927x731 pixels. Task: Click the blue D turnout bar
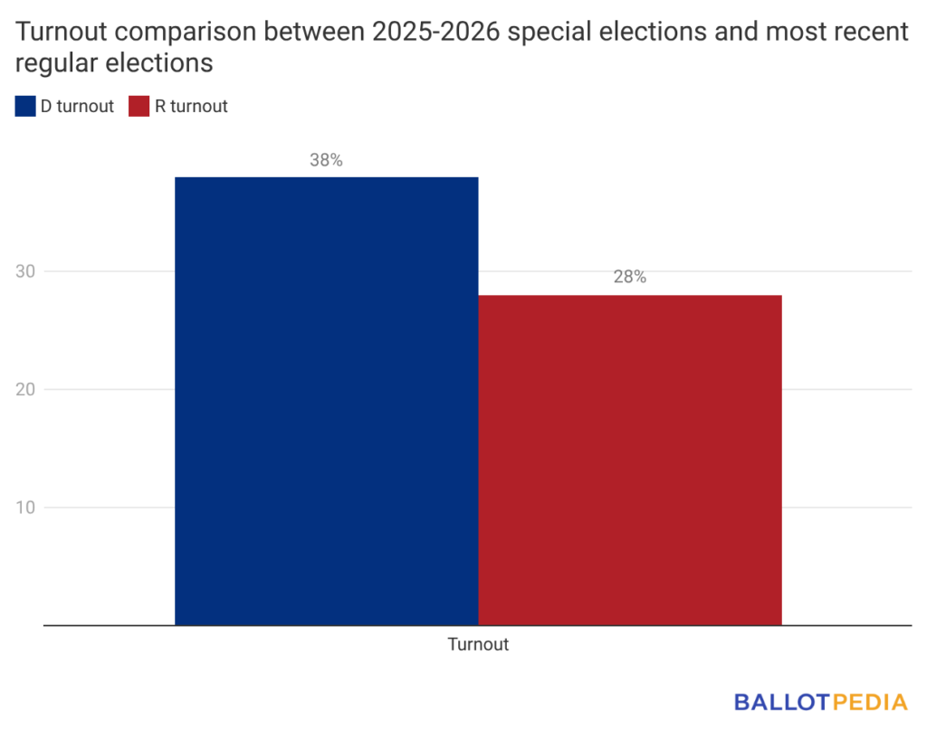coord(326,400)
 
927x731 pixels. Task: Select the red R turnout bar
coord(630,460)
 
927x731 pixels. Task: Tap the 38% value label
coord(326,160)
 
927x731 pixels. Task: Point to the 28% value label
coord(630,278)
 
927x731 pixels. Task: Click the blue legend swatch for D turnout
coord(24,107)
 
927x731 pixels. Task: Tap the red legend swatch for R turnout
coord(139,107)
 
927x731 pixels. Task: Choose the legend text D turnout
coord(77,107)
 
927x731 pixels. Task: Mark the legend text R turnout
coord(191,107)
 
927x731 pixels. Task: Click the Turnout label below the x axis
coord(478,645)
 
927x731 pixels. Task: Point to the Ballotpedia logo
coord(820,701)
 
